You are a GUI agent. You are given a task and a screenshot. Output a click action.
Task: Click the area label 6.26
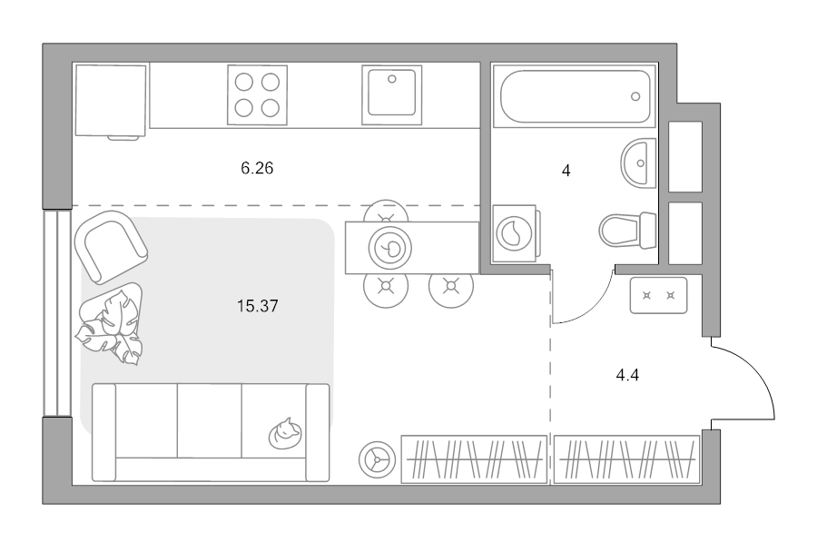click(257, 168)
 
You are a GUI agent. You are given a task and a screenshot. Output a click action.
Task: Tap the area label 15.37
click(258, 306)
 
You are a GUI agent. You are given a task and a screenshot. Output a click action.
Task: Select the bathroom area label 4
click(566, 171)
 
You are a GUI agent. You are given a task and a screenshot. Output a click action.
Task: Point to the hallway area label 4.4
click(627, 375)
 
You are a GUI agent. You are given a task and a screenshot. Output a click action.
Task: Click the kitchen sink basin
click(392, 93)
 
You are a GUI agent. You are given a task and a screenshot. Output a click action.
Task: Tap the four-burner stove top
click(258, 94)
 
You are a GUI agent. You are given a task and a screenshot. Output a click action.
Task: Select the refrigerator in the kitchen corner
click(111, 101)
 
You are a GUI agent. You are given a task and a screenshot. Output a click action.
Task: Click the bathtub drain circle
click(635, 96)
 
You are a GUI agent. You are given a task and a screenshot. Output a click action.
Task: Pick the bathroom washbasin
click(638, 163)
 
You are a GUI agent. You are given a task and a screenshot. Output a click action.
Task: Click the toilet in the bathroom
click(627, 231)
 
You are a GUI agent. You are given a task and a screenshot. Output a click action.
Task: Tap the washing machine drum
click(515, 233)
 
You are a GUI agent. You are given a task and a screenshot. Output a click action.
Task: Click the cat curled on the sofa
click(285, 434)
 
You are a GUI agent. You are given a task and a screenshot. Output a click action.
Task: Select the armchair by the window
click(111, 246)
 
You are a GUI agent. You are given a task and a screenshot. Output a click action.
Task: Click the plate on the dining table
click(390, 248)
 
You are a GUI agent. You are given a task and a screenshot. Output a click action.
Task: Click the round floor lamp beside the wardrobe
click(379, 460)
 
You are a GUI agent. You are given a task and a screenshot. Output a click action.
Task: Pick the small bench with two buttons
click(659, 295)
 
